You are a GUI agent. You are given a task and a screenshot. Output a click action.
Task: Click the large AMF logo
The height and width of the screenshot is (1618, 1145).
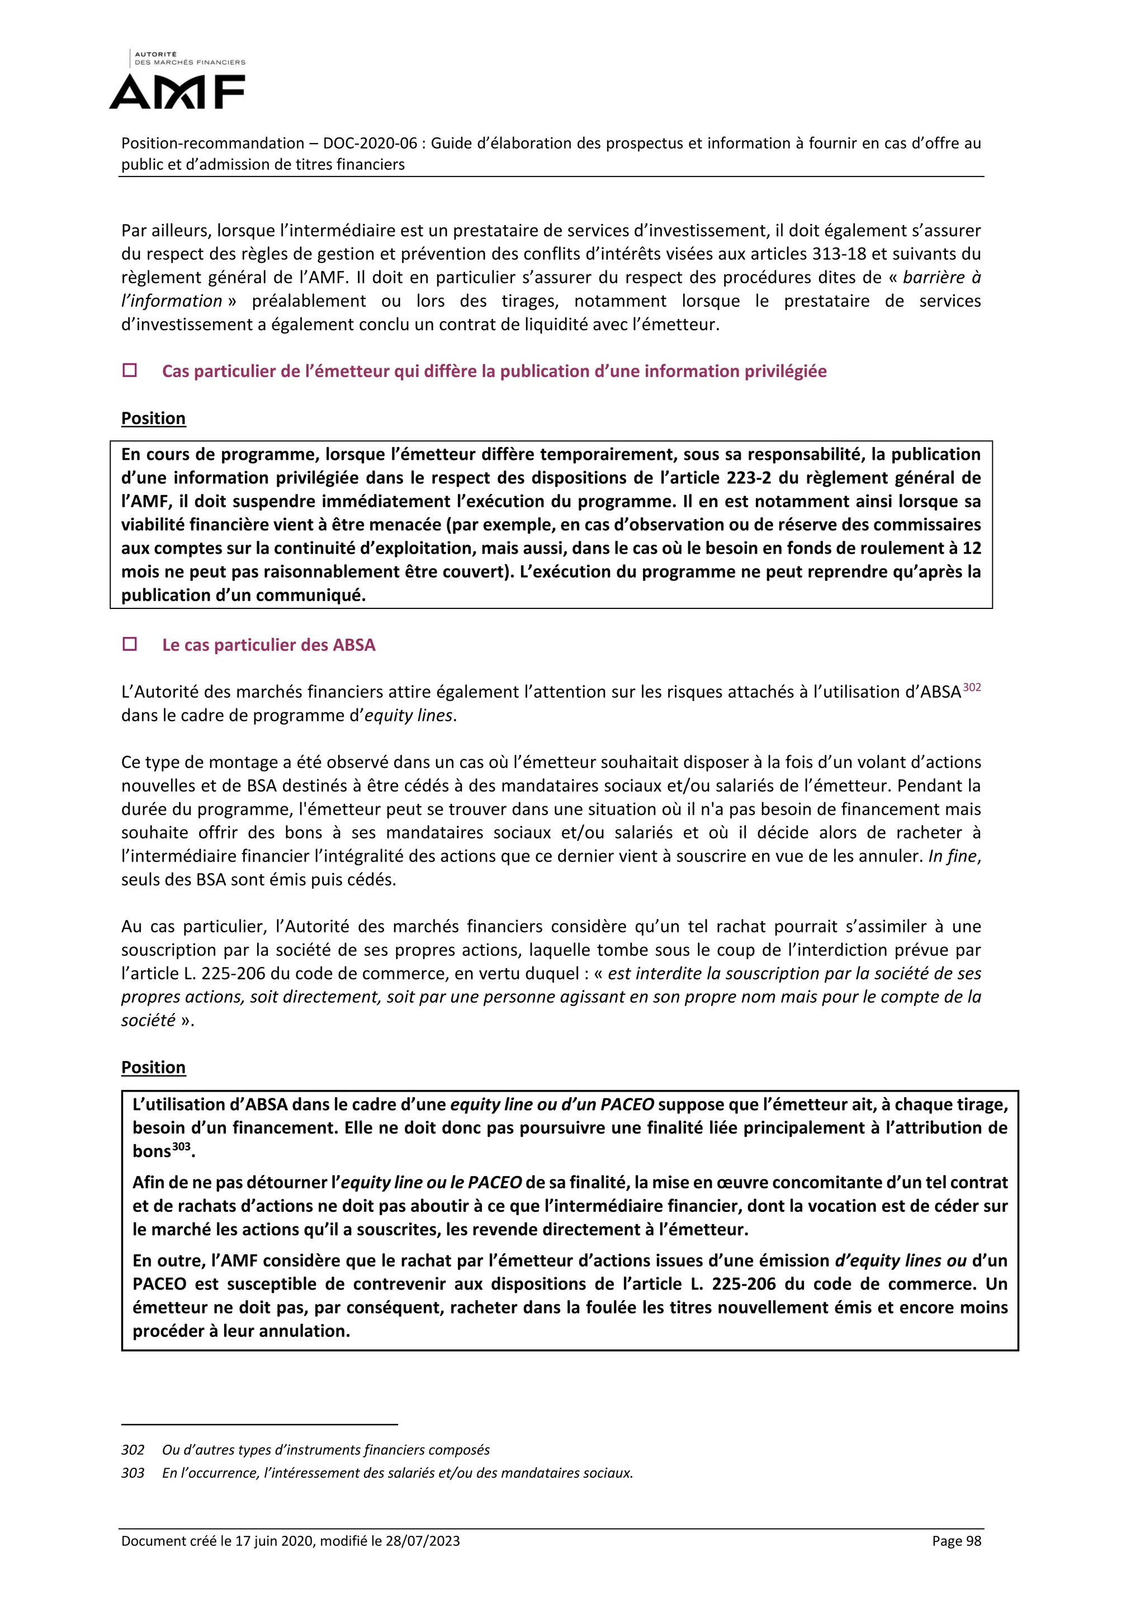[x=177, y=92]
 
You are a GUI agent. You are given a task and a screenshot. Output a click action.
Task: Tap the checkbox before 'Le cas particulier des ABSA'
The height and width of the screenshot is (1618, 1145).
[x=130, y=644]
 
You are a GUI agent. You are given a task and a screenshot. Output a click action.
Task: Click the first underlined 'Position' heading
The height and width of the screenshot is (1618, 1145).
[x=153, y=418]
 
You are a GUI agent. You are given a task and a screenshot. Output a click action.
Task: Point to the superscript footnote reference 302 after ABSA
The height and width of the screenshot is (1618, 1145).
[x=972, y=687]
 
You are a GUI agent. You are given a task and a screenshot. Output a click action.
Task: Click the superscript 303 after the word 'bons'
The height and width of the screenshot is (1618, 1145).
[x=181, y=1146]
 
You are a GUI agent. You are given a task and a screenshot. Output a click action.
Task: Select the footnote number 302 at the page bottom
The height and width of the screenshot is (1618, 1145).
[x=133, y=1450]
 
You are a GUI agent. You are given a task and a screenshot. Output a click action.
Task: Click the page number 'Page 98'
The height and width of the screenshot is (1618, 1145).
[x=956, y=1541]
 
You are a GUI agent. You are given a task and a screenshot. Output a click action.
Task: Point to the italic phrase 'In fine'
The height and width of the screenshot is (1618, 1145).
[x=953, y=856]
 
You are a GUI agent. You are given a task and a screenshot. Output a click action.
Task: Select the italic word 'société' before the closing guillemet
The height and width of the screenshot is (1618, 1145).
[x=148, y=1020]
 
